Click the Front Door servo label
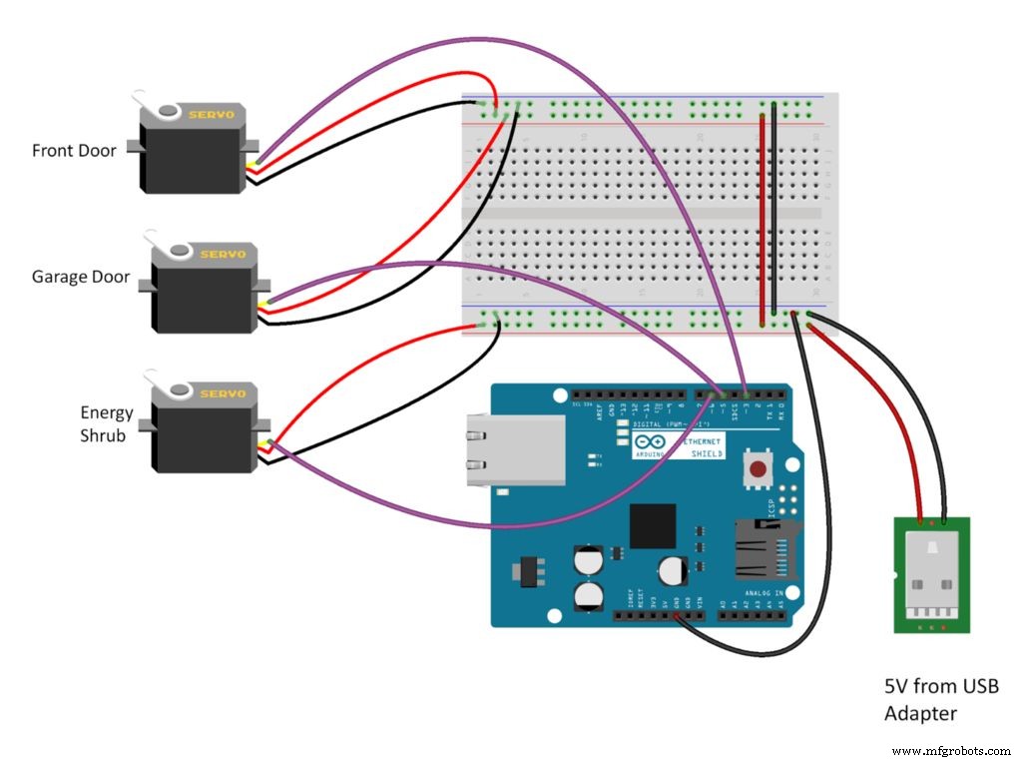tap(74, 151)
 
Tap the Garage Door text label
tap(81, 277)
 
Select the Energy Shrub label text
tap(107, 423)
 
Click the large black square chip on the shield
tap(652, 525)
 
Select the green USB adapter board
tap(931, 574)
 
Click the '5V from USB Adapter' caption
tap(940, 699)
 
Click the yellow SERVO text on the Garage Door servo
tap(222, 255)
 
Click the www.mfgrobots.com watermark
tap(950, 750)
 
